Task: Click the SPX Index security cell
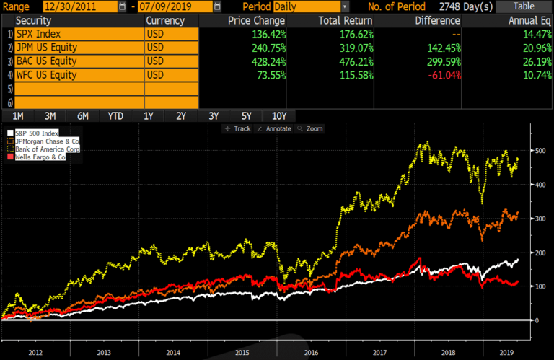(x=77, y=34)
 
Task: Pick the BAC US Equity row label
(x=77, y=61)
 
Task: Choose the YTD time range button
(x=115, y=116)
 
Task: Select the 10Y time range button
(x=279, y=116)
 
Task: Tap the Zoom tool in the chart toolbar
(x=312, y=128)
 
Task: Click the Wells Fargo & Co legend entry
(x=40, y=156)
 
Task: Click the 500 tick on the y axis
(x=540, y=151)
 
